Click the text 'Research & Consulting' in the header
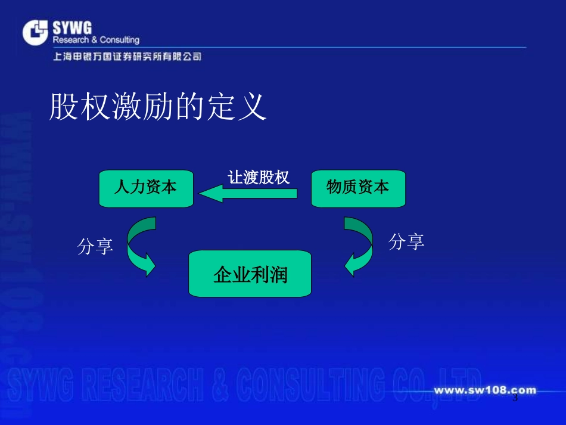pyautogui.click(x=96, y=40)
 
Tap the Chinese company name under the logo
pyautogui.click(x=127, y=57)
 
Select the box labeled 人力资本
pyautogui.click(x=146, y=188)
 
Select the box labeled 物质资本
pyautogui.click(x=358, y=188)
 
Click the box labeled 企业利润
pyautogui.click(x=250, y=274)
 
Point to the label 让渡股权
pyautogui.click(x=259, y=177)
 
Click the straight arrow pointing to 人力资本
pyautogui.click(x=248, y=193)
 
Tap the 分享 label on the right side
pyautogui.click(x=406, y=241)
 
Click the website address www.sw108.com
pyautogui.click(x=484, y=391)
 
